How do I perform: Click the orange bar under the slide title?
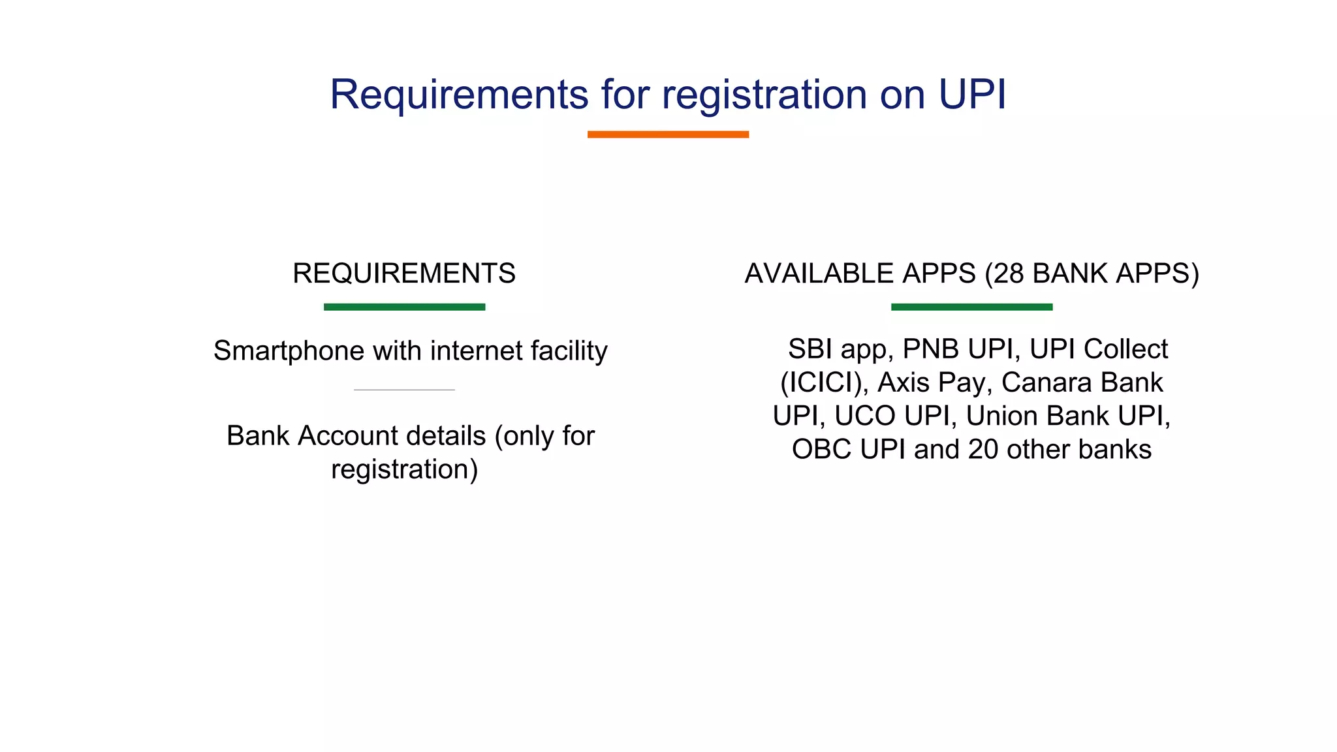coord(668,134)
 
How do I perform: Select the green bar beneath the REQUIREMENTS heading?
coord(404,307)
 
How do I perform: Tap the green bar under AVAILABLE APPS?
coord(971,307)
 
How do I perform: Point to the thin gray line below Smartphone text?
coord(404,390)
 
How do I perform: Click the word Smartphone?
coord(289,351)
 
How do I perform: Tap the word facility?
coord(569,351)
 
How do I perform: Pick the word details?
coord(457,435)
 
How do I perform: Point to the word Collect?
coord(1125,349)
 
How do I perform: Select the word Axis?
coord(904,383)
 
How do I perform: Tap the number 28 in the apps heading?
coord(1009,274)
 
